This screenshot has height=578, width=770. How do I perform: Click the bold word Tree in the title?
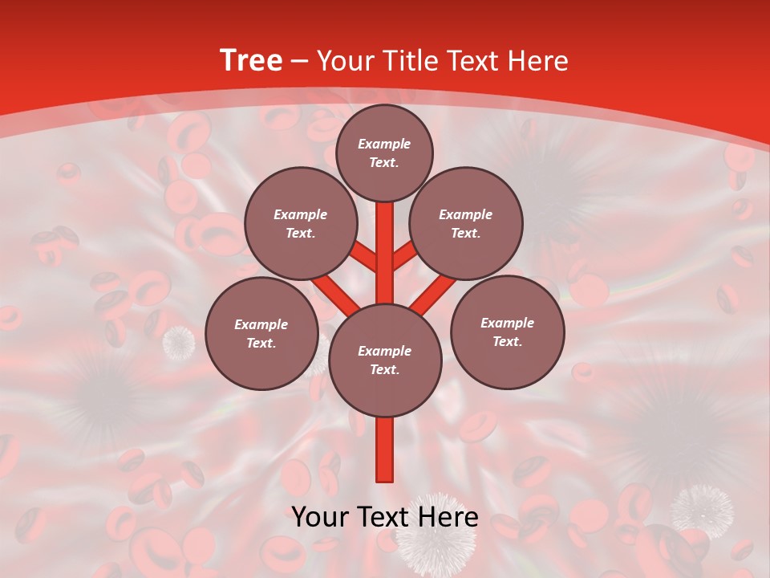click(x=251, y=60)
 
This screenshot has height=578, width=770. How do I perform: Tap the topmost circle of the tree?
click(x=384, y=153)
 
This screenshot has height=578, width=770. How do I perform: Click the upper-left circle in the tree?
click(x=301, y=223)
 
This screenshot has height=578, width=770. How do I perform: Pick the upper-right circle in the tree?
click(x=466, y=223)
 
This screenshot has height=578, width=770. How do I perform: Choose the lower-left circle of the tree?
click(x=261, y=333)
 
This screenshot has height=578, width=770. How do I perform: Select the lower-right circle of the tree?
click(x=507, y=332)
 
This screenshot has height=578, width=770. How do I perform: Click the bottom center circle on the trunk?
click(x=385, y=360)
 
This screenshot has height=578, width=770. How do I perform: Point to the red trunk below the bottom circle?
click(x=385, y=450)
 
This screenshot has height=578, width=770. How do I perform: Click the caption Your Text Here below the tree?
click(x=385, y=517)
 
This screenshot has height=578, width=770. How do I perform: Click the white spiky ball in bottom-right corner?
click(x=702, y=509)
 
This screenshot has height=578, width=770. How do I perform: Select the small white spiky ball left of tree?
click(x=179, y=343)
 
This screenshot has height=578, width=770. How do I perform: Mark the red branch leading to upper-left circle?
click(x=363, y=257)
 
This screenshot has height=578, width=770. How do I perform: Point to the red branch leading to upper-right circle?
click(x=406, y=257)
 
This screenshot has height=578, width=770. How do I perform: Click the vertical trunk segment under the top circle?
click(x=385, y=241)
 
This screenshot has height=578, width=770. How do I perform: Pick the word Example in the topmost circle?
click(x=384, y=144)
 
